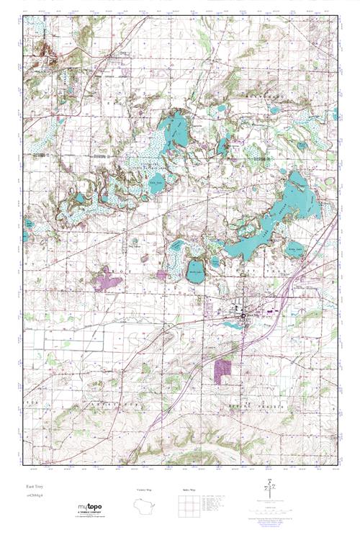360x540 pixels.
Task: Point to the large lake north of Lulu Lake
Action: [x=174, y=132]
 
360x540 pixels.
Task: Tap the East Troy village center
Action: [x=243, y=313]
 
